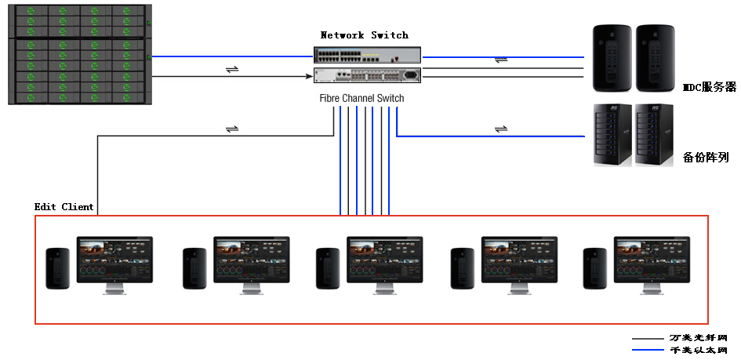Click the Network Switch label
pyautogui.click(x=365, y=35)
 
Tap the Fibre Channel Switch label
pyautogui.click(x=362, y=98)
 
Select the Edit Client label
pyautogui.click(x=64, y=207)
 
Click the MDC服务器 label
pyautogui.click(x=710, y=87)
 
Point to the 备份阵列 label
pyautogui.click(x=706, y=157)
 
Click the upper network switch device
pyautogui.click(x=367, y=56)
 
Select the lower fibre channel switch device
pyautogui.click(x=367, y=75)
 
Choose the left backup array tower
pyautogui.click(x=612, y=135)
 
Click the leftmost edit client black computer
pyautogui.click(x=58, y=268)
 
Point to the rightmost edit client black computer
pyautogui.click(x=595, y=268)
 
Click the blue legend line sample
pyautogui.click(x=648, y=350)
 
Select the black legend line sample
pyautogui.click(x=648, y=339)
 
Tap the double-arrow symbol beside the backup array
pyautogui.click(x=499, y=129)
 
